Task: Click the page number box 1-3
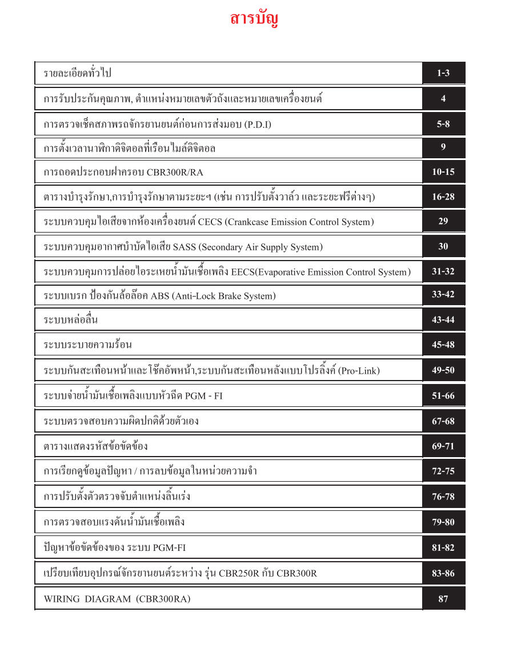443,73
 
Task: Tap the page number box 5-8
443,123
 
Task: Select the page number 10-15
443,172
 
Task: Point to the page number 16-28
443,197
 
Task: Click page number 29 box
443,221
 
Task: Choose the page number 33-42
443,295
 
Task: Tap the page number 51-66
443,395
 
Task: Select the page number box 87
443,599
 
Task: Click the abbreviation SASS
183,247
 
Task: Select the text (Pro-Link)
359,371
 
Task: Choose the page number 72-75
443,471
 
